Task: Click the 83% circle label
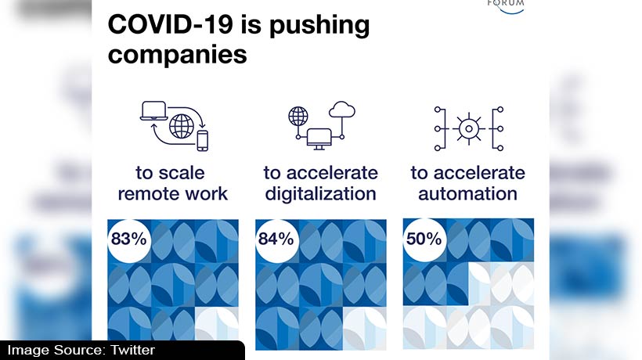[x=129, y=239]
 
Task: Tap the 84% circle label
[x=276, y=239]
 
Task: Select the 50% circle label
[x=424, y=239]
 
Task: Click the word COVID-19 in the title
[x=171, y=24]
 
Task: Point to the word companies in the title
[x=177, y=55]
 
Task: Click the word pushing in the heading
[x=319, y=26]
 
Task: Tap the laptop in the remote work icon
[x=154, y=111]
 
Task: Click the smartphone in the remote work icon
[x=202, y=141]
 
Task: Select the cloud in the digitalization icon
[x=342, y=110]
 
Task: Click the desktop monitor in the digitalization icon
[x=319, y=139]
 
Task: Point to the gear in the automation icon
[x=468, y=129]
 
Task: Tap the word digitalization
[x=320, y=193]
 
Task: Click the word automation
[x=467, y=193]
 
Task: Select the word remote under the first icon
[x=143, y=194]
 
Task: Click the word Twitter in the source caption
[x=132, y=350]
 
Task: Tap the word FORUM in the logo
[x=506, y=3]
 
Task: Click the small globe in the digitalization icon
[x=298, y=116]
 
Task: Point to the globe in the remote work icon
[x=182, y=127]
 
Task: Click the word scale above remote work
[x=182, y=173]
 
